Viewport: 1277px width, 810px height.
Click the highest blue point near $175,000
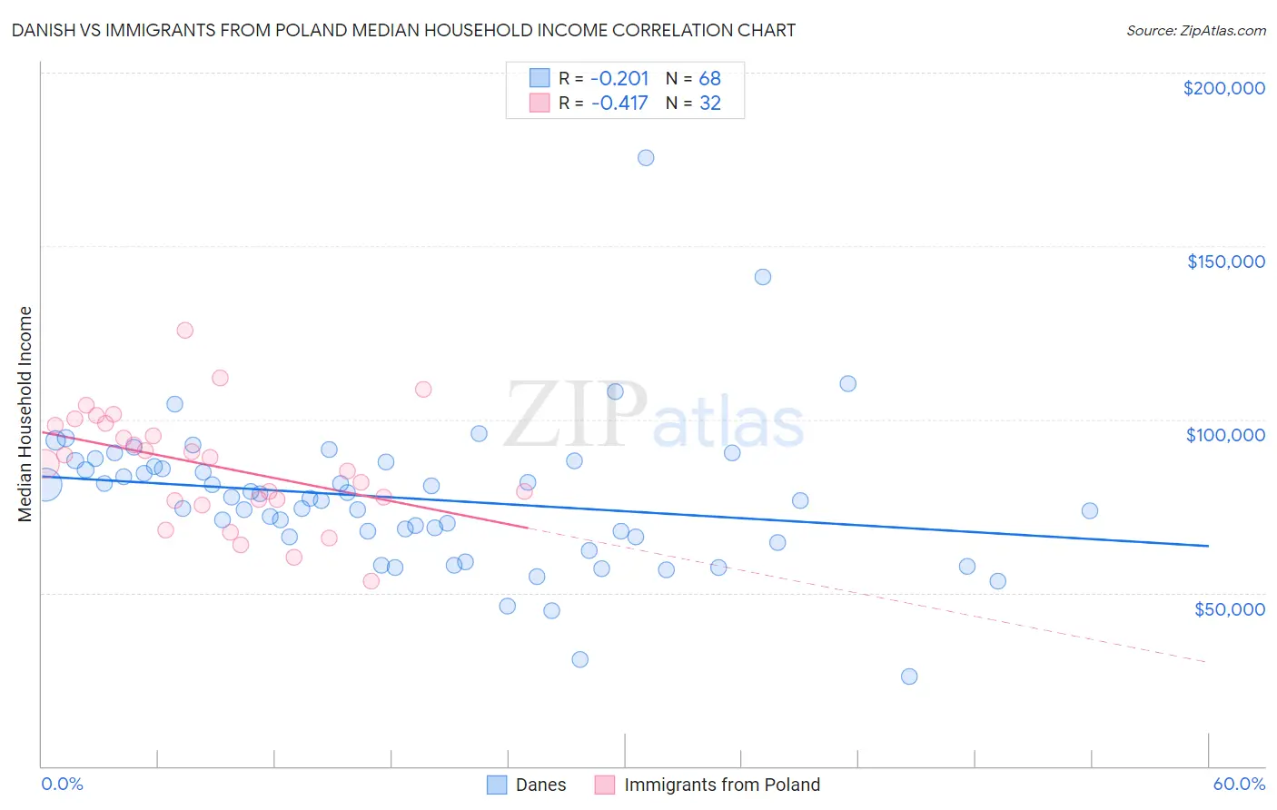point(646,158)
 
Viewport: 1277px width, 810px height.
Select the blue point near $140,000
point(763,277)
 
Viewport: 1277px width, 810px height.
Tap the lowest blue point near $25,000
point(909,677)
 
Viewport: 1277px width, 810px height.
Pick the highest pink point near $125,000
point(185,331)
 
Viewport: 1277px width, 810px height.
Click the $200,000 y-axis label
point(1223,88)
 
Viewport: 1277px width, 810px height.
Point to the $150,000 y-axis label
point(1225,262)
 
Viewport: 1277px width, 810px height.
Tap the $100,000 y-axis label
point(1225,435)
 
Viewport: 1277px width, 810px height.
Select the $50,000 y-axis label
point(1229,608)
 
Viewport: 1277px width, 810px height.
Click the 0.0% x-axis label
point(62,784)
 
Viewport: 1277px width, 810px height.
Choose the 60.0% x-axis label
point(1239,784)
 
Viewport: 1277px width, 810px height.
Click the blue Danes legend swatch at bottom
point(497,785)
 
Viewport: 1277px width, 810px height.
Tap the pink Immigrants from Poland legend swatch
point(605,785)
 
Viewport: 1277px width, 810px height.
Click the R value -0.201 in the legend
point(619,79)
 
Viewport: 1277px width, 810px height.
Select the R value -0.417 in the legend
point(619,104)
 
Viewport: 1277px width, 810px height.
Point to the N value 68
point(709,79)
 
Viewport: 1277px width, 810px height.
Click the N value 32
point(709,104)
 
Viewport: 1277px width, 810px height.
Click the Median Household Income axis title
point(25,414)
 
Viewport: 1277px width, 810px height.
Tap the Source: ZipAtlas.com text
point(1195,31)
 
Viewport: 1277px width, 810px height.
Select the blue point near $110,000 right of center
point(848,383)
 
